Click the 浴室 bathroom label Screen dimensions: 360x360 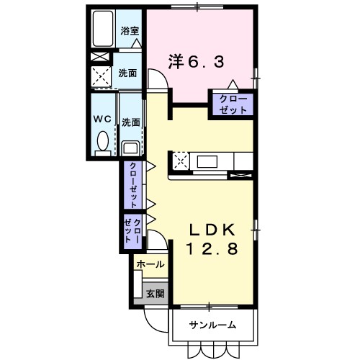click(x=130, y=32)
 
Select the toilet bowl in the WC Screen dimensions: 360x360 click(x=102, y=142)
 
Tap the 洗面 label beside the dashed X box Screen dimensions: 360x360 click(x=130, y=73)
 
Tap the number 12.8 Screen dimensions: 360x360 click(x=212, y=250)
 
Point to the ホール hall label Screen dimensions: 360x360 click(x=149, y=264)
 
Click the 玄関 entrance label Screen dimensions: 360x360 click(x=155, y=293)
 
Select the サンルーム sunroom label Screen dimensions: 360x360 click(x=212, y=325)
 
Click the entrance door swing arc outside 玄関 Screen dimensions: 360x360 click(x=153, y=318)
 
